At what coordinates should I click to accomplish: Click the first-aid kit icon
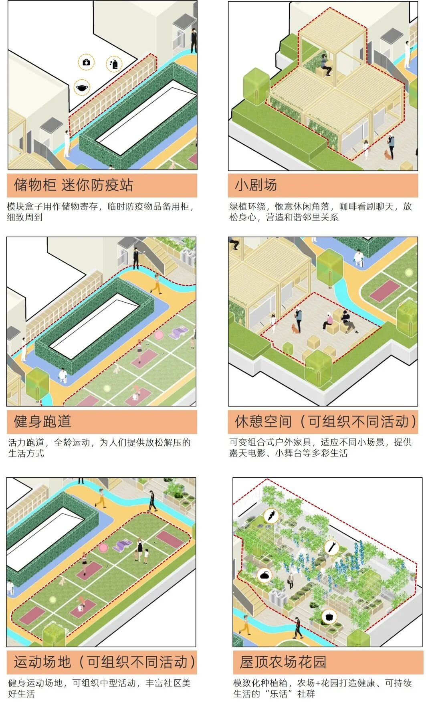click(x=86, y=62)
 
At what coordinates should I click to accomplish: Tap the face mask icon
click(x=82, y=88)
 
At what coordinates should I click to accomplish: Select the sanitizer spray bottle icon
click(x=115, y=64)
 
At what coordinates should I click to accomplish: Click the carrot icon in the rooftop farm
click(x=271, y=515)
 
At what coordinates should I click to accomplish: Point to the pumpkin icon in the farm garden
click(x=264, y=576)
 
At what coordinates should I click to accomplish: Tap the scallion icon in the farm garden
click(x=332, y=547)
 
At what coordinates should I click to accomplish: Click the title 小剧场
click(x=256, y=185)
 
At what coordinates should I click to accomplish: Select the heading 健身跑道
click(x=42, y=421)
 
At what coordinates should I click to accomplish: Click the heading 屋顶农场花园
click(x=283, y=662)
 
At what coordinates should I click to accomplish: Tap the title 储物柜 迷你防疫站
click(x=73, y=185)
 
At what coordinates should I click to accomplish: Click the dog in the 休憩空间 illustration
click(x=296, y=329)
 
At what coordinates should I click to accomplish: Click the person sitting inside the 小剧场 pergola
click(x=326, y=66)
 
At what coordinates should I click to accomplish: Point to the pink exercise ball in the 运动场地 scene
click(x=103, y=547)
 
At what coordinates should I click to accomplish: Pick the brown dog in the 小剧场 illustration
click(x=388, y=154)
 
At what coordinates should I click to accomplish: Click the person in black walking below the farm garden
click(x=297, y=628)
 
